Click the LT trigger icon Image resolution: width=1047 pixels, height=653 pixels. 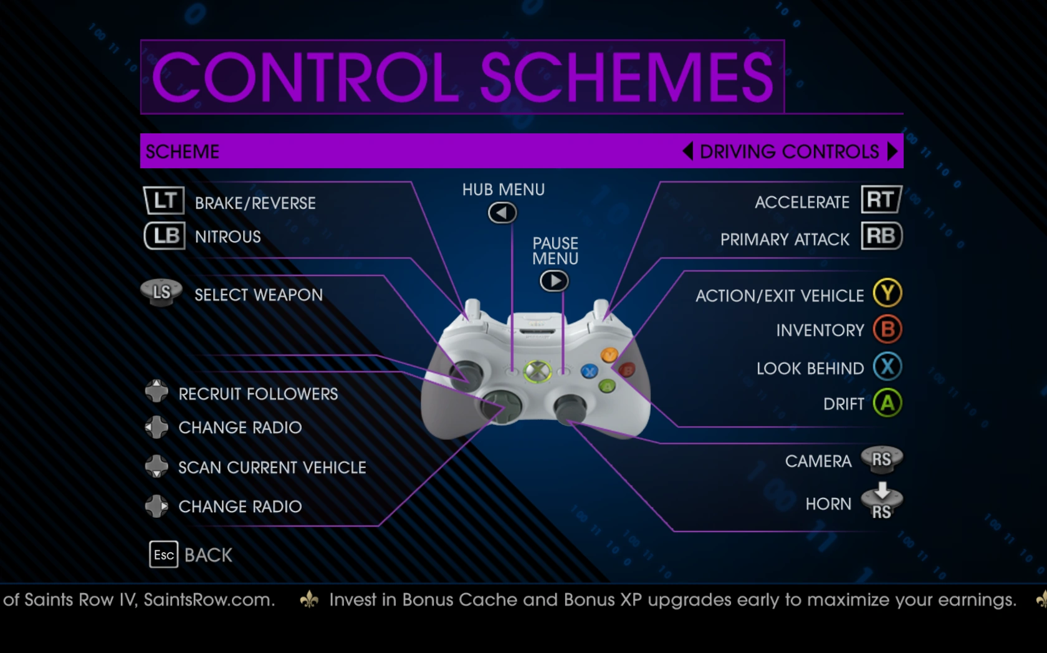164,201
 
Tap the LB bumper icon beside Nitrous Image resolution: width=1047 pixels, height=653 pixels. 165,236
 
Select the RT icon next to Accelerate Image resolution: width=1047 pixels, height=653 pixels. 881,199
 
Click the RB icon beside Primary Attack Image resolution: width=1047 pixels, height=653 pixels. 881,236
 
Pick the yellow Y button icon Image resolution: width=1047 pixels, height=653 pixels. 887,293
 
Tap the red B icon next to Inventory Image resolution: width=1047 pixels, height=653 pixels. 887,330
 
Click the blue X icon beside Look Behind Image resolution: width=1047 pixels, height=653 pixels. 887,367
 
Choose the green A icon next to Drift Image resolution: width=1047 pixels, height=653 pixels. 887,403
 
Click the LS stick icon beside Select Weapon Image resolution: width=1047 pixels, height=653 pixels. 161,293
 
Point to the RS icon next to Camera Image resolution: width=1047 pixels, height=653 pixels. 881,459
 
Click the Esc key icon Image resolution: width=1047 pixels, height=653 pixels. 163,555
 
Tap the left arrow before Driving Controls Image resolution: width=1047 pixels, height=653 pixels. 687,151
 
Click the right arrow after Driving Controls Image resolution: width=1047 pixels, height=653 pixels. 892,151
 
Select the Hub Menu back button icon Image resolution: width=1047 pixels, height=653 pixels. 502,213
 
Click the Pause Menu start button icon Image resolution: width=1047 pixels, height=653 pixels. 555,281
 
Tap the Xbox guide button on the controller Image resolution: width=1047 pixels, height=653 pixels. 537,371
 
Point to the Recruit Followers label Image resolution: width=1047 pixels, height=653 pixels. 258,394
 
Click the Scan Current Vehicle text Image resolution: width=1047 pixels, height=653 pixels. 272,467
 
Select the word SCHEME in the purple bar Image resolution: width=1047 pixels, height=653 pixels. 182,151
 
